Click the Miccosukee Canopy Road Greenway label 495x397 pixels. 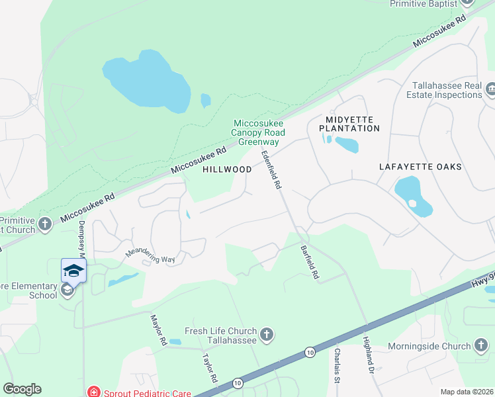click(x=257, y=132)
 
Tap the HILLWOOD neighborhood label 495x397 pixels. click(x=227, y=169)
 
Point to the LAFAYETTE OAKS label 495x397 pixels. click(x=420, y=167)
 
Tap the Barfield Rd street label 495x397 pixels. click(x=310, y=261)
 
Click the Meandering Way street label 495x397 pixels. click(x=150, y=256)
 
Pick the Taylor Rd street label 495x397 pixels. click(x=210, y=368)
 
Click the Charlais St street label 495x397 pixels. click(x=337, y=365)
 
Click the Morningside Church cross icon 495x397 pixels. click(x=481, y=345)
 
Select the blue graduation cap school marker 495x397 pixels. click(x=74, y=271)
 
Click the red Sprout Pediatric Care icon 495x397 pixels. click(x=94, y=392)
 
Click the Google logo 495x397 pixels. click(x=22, y=389)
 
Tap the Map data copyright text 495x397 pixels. click(x=467, y=392)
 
